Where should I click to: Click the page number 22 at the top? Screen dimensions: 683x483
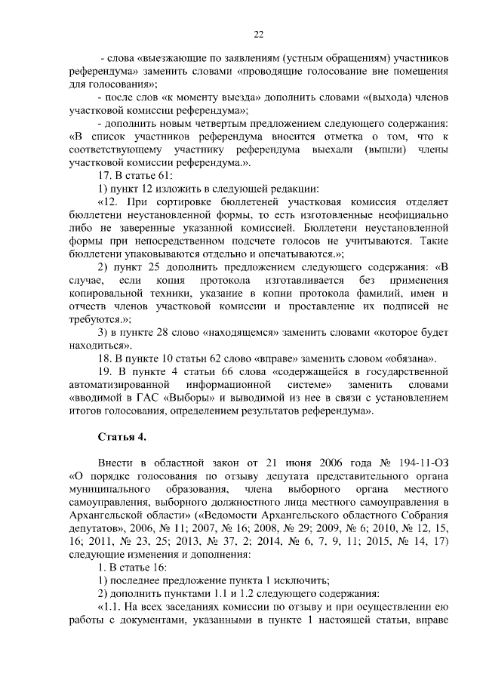tap(257, 35)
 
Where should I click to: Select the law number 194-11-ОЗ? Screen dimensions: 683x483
tap(425, 461)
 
